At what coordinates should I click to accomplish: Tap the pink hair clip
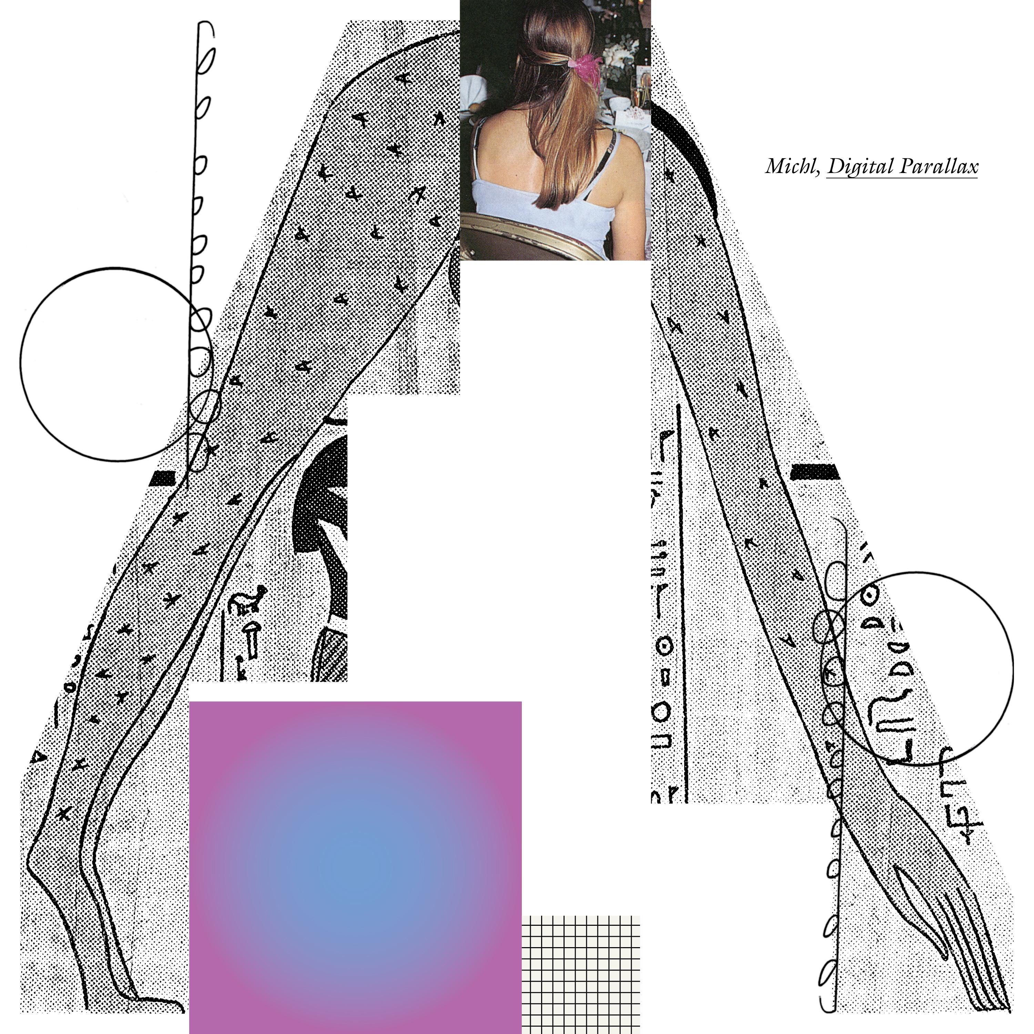coord(586,64)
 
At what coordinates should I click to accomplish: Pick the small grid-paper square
coord(581,975)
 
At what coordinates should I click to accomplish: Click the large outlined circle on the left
coord(21,364)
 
